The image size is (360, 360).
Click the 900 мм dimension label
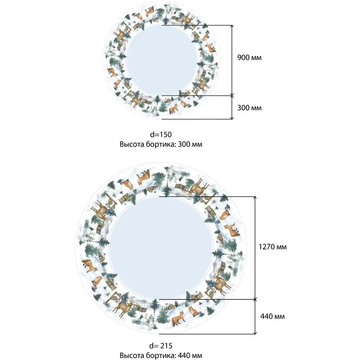[249, 58]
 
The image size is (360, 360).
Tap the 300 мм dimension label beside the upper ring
[249, 107]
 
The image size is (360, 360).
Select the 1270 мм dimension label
[273, 247]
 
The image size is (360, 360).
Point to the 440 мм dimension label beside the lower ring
[273, 316]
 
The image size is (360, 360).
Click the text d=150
[160, 134]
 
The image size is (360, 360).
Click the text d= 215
[160, 346]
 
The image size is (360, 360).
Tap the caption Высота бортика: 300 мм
[160, 145]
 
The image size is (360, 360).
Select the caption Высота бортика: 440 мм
[160, 355]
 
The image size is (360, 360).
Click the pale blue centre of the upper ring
[161, 61]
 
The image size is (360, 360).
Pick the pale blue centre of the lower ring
[161, 248]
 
